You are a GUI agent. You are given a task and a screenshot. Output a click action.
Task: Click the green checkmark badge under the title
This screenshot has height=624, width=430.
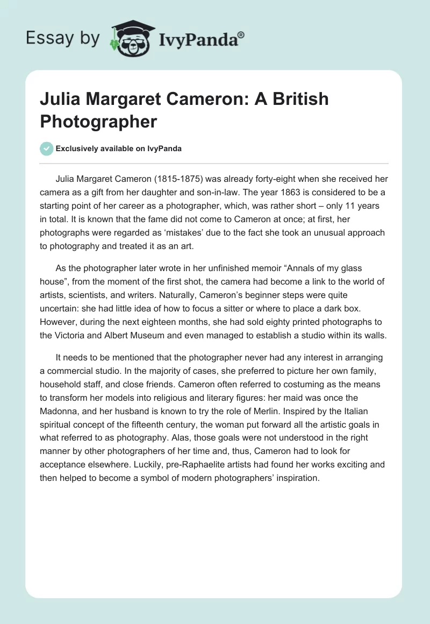point(47,148)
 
